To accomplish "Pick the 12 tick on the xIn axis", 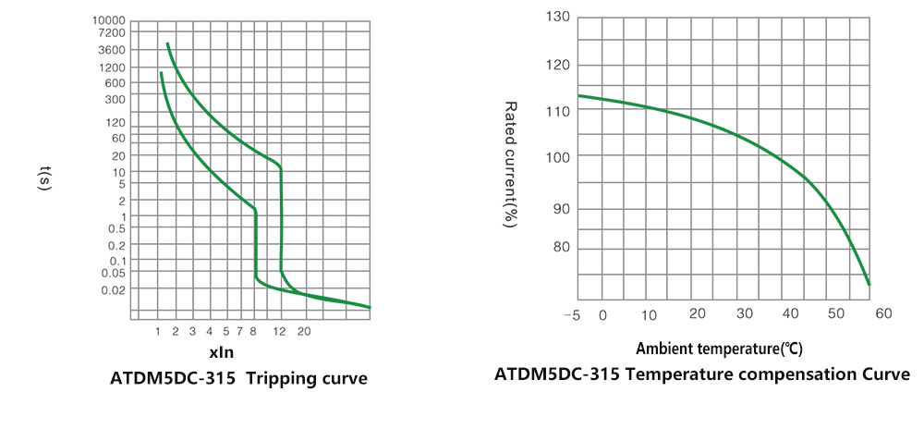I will point(280,330).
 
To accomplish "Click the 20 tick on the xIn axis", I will point(303,330).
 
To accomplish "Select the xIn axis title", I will point(222,352).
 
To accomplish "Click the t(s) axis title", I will point(45,179).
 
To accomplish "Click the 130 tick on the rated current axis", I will point(558,18).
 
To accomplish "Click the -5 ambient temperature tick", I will point(572,315).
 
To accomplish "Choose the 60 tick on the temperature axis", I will point(883,315).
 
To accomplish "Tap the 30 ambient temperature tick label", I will point(744,315).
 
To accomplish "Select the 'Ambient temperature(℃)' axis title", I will point(719,349).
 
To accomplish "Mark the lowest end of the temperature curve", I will point(869,285).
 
